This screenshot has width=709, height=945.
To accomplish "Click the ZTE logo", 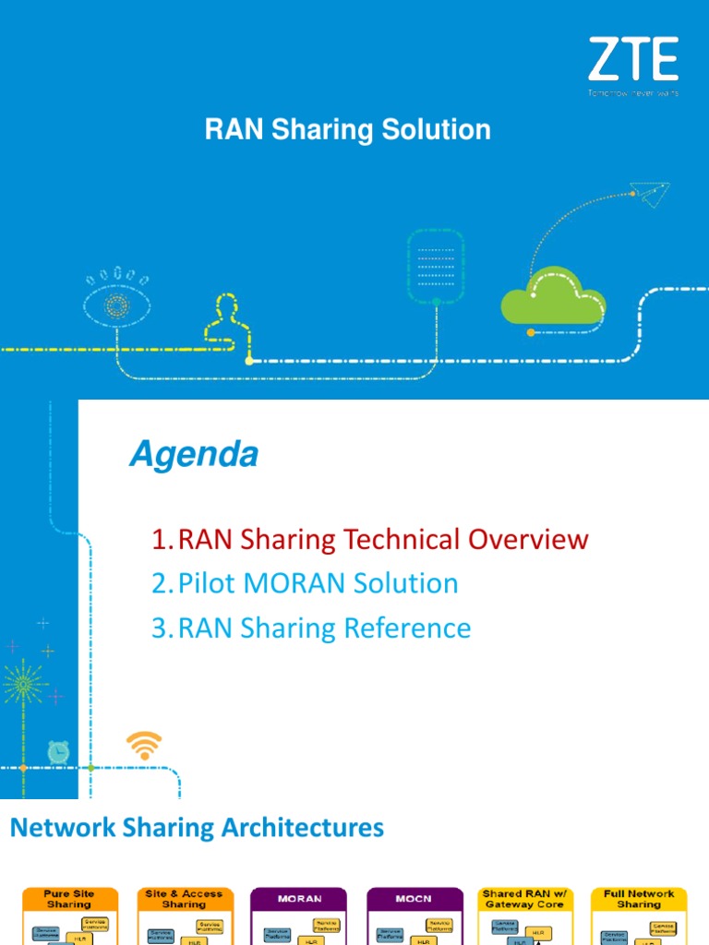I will pyautogui.click(x=632, y=62).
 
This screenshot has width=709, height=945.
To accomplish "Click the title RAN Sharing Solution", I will pyautogui.click(x=347, y=130).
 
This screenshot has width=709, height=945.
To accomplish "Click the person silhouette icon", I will pyautogui.click(x=223, y=319).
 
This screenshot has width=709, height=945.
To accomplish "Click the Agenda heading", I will pyautogui.click(x=193, y=454).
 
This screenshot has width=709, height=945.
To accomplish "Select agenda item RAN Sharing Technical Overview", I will pyautogui.click(x=370, y=539).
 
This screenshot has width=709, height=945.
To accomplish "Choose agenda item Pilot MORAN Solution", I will pyautogui.click(x=306, y=583).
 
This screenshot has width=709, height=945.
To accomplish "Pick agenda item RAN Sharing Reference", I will pyautogui.click(x=312, y=628).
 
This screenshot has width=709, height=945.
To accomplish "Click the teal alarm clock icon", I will pyautogui.click(x=59, y=752).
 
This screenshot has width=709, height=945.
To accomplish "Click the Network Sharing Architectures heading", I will pyautogui.click(x=197, y=828).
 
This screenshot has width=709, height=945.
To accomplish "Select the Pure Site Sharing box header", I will pyautogui.click(x=69, y=899).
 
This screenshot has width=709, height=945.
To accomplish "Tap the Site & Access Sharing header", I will pyautogui.click(x=184, y=899).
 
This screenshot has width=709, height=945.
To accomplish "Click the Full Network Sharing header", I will pyautogui.click(x=639, y=899).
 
